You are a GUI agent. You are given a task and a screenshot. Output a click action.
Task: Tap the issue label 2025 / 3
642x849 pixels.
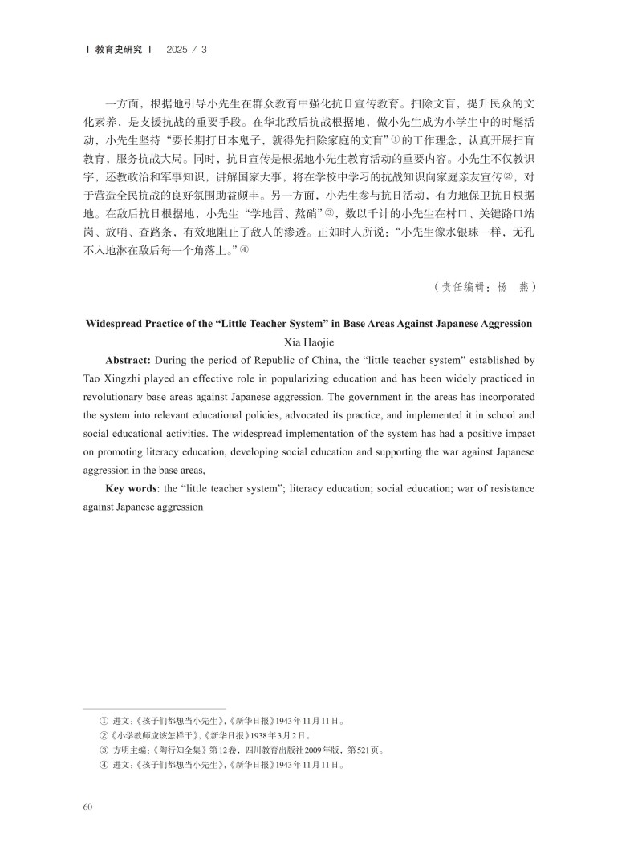coord(186,49)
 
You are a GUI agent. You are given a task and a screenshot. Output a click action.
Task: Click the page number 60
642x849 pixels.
coord(88,806)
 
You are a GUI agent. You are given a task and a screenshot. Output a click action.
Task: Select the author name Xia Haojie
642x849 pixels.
coord(320,342)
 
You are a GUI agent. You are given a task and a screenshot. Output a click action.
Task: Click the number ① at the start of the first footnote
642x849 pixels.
coord(103,720)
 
